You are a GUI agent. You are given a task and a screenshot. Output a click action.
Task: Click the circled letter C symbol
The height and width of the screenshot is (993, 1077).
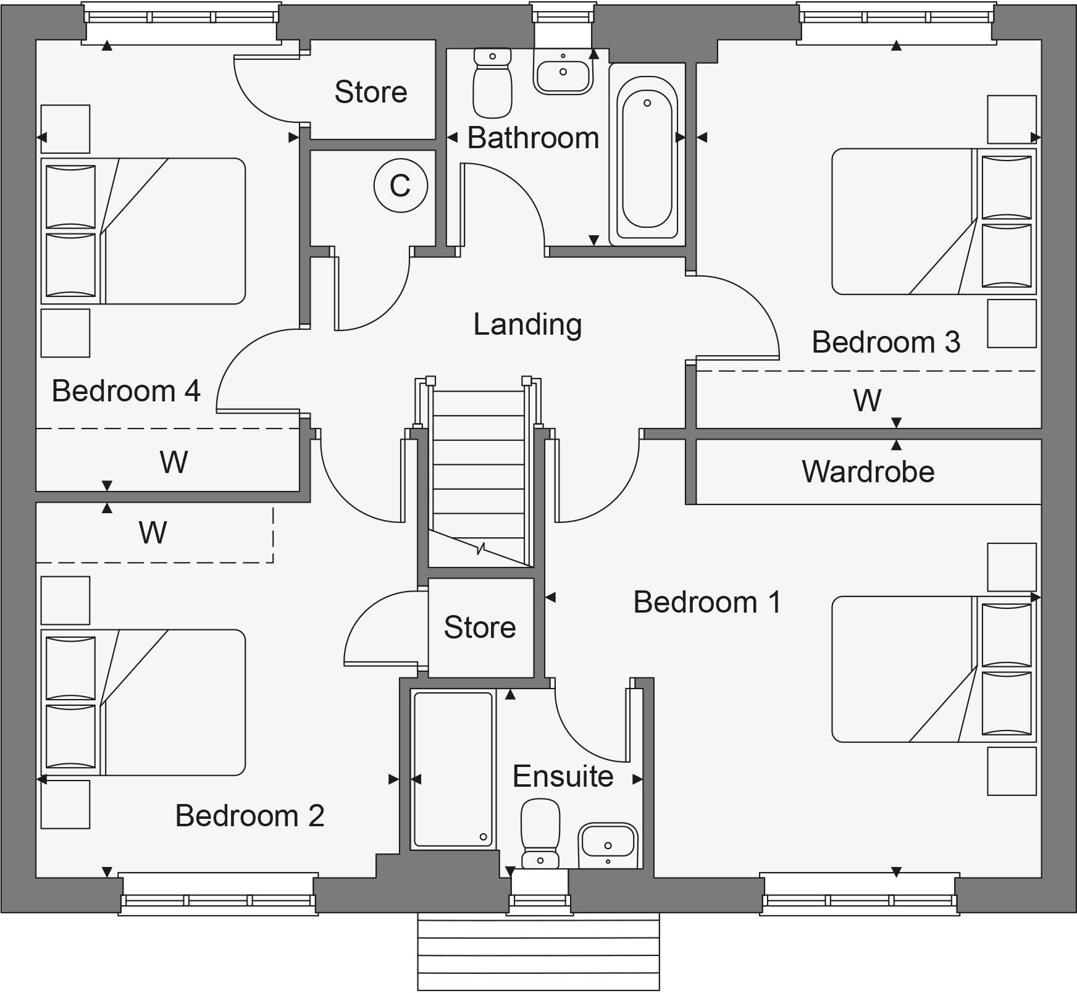tap(400, 185)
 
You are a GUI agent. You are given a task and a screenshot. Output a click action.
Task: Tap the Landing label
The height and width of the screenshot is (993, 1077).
tap(527, 324)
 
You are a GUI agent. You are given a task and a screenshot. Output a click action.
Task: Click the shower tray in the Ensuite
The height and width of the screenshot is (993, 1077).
tap(453, 769)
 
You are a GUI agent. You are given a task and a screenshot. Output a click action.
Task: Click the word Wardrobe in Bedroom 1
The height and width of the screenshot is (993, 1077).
tap(868, 472)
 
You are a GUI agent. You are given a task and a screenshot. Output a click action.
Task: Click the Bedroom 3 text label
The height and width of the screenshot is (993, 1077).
tap(886, 342)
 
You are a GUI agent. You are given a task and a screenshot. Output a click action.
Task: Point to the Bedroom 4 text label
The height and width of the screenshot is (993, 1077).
tap(126, 391)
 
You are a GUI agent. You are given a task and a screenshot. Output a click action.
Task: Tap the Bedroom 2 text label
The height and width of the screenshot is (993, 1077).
tap(249, 816)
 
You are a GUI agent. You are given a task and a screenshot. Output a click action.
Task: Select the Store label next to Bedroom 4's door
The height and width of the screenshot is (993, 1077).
tap(371, 92)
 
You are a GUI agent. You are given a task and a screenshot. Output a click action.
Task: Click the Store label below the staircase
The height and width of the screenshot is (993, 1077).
tap(480, 627)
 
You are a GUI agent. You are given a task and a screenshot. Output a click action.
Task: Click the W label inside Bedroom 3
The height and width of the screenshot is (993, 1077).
tap(866, 400)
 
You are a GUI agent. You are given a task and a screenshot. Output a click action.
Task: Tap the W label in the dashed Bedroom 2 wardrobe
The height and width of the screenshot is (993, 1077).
tap(153, 532)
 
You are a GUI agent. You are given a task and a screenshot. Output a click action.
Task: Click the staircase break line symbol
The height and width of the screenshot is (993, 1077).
tap(481, 548)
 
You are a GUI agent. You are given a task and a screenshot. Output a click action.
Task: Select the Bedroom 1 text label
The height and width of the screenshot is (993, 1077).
tap(707, 602)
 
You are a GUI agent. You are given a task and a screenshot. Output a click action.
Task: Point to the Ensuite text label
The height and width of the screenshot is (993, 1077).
tap(563, 776)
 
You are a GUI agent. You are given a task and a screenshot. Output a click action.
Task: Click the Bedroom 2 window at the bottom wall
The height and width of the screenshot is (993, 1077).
tap(218, 894)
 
